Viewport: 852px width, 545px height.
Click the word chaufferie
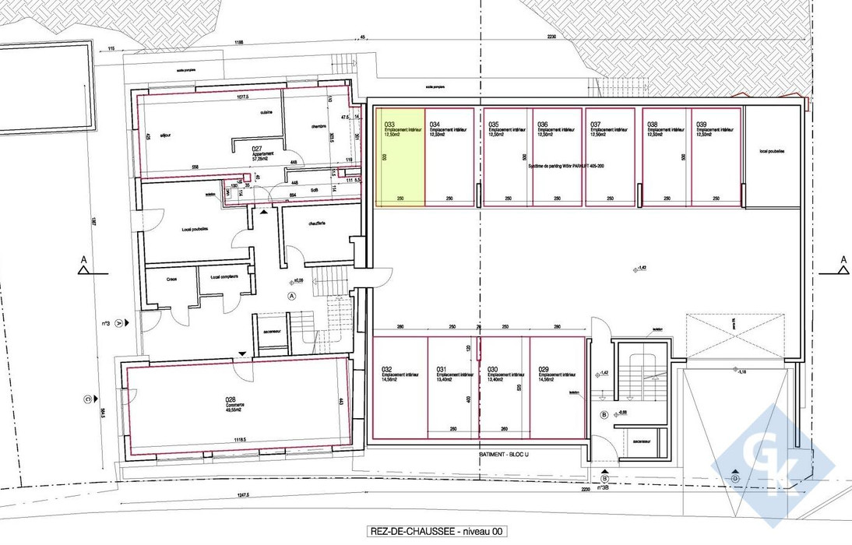[315, 224]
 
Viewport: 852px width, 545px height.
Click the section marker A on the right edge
[842, 261]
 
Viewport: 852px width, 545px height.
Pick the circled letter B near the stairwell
[605, 414]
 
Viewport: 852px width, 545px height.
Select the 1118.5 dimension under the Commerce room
[238, 440]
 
